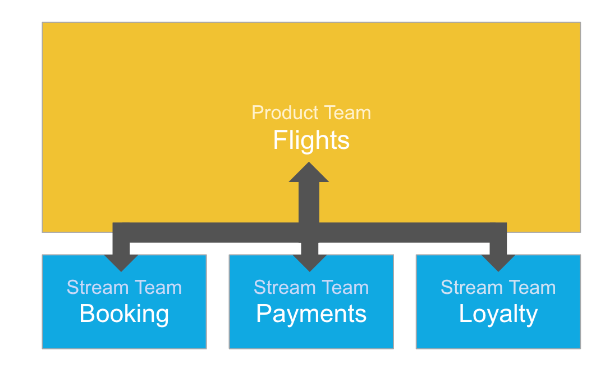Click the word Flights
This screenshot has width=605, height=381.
(311, 140)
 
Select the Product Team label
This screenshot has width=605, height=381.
(311, 112)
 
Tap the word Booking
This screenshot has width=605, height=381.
(124, 314)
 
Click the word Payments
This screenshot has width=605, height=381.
(311, 314)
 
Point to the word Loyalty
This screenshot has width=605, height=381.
(498, 314)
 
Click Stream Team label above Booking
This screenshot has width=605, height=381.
(124, 288)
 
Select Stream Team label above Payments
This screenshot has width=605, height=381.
(311, 288)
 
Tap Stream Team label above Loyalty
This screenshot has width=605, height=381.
(498, 288)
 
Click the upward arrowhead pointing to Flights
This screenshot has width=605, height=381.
(309, 173)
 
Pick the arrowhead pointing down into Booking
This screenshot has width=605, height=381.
(121, 262)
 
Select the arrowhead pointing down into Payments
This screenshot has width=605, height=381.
(309, 262)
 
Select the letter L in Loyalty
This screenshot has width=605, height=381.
(465, 314)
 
